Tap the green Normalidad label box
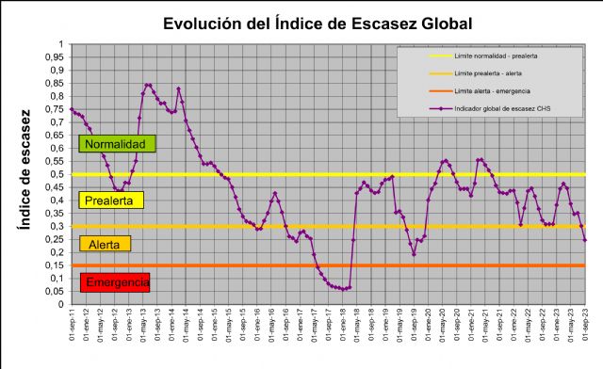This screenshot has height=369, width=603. coord(117,144)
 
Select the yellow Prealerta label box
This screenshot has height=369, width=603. coord(113,201)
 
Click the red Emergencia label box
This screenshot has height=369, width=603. coord(117,282)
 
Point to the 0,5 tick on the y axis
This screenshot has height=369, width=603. coord(56,174)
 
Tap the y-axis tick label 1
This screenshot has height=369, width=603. coord(60,44)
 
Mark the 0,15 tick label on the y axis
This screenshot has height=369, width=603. coord(54,265)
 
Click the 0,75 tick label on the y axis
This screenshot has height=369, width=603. coord(54,109)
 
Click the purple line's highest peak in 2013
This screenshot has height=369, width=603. coord(147,85)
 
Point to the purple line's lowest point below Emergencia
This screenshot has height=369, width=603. coord(344,289)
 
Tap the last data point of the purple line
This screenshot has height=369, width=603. coord(585,240)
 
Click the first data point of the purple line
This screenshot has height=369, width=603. coord(72,109)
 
